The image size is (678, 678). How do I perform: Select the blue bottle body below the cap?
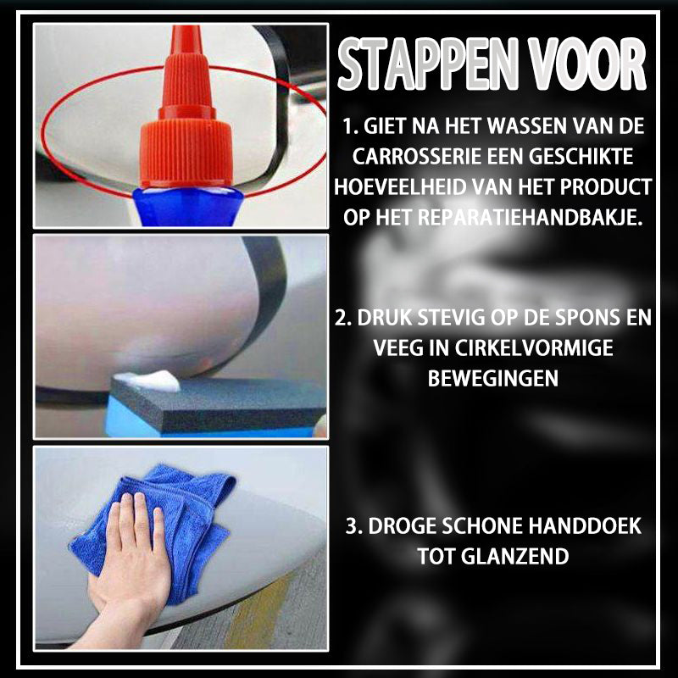187,207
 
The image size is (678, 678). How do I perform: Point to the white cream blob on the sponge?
147,381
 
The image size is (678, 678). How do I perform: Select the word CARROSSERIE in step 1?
416,157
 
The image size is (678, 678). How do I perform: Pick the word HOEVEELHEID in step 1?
399,186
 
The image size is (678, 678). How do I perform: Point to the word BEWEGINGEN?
493,378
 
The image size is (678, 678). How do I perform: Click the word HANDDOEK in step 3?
585,525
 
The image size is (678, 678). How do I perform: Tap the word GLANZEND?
514,556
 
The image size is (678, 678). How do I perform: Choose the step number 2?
342,317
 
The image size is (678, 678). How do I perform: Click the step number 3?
353,525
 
